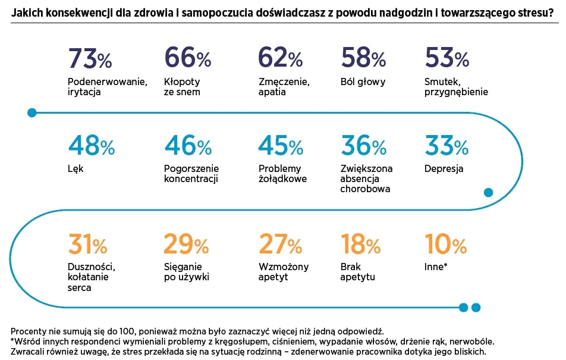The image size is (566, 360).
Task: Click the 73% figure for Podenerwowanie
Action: [90, 58]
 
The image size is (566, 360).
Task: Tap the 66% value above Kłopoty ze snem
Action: [187, 58]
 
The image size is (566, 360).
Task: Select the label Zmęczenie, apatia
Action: [284, 87]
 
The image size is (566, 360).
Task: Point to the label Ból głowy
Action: [363, 82]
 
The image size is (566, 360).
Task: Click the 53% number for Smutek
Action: [446, 58]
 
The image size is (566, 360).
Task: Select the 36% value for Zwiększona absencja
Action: [363, 146]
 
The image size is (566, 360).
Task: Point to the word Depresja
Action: [444, 169]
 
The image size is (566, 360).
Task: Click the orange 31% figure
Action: [87, 244]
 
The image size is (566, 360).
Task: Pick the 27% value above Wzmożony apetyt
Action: [280, 244]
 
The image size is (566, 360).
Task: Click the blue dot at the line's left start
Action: [32, 112]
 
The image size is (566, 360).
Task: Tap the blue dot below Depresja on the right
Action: [489, 192]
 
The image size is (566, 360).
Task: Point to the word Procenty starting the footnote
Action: [28, 331]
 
